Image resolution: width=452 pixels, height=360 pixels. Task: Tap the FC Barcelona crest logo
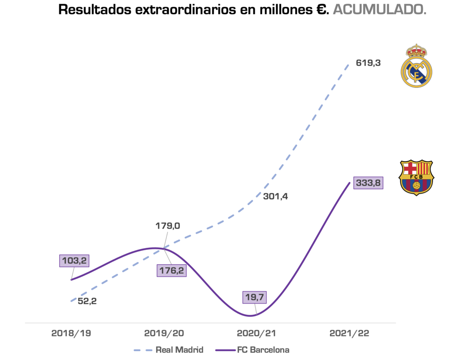tap(416, 177)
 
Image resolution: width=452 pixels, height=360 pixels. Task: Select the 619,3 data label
tap(368, 63)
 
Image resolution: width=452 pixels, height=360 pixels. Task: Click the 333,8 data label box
tap(368, 183)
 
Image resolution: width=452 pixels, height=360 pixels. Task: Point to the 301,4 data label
tap(275, 196)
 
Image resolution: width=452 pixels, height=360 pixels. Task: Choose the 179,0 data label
tap(168, 226)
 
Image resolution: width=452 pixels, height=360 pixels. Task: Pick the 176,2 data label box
tap(172, 270)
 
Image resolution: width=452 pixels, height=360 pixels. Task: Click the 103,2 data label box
tap(74, 260)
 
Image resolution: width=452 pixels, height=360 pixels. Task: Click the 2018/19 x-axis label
tap(71, 333)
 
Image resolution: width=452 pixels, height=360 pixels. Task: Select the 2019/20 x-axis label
tap(164, 333)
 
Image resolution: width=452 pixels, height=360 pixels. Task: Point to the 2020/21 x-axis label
tap(256, 333)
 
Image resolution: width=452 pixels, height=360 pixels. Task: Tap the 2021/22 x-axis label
tap(349, 333)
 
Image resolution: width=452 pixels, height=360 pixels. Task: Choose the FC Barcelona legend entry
tap(252, 350)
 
